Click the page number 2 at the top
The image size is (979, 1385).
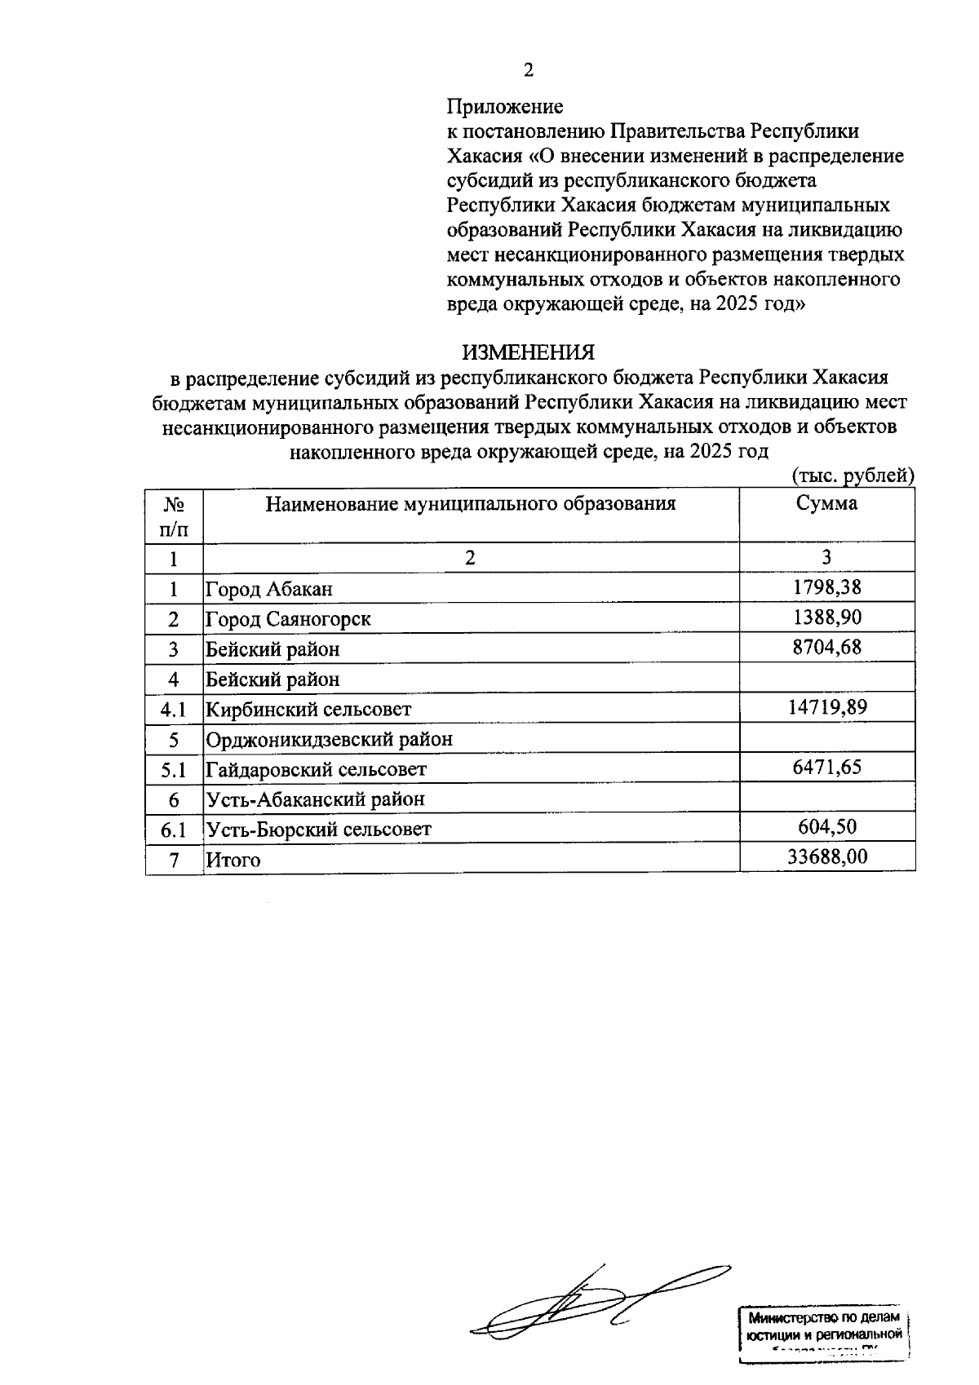pos(529,71)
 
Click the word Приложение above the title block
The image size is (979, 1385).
pos(504,106)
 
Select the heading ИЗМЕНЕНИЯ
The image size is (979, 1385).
pos(529,352)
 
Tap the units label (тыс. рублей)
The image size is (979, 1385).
pos(853,475)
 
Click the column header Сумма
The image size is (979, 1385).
pos(826,503)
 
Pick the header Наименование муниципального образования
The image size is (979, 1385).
pos(471,503)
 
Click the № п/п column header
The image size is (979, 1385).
pos(174,516)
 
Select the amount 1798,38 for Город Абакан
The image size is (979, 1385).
pos(826,587)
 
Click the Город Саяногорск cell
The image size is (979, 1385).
pos(288,619)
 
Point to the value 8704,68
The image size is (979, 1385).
pos(826,648)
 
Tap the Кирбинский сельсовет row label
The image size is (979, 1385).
pos(308,710)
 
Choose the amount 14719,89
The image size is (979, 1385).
pos(826,707)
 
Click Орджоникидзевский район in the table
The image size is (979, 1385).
pos(329,740)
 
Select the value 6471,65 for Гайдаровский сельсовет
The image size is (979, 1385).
pos(826,768)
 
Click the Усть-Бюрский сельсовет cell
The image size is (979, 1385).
pos(318,830)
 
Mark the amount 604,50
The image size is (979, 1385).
pos(826,827)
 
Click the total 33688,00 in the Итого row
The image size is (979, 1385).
pos(826,857)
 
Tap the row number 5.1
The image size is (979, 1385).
pos(174,769)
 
